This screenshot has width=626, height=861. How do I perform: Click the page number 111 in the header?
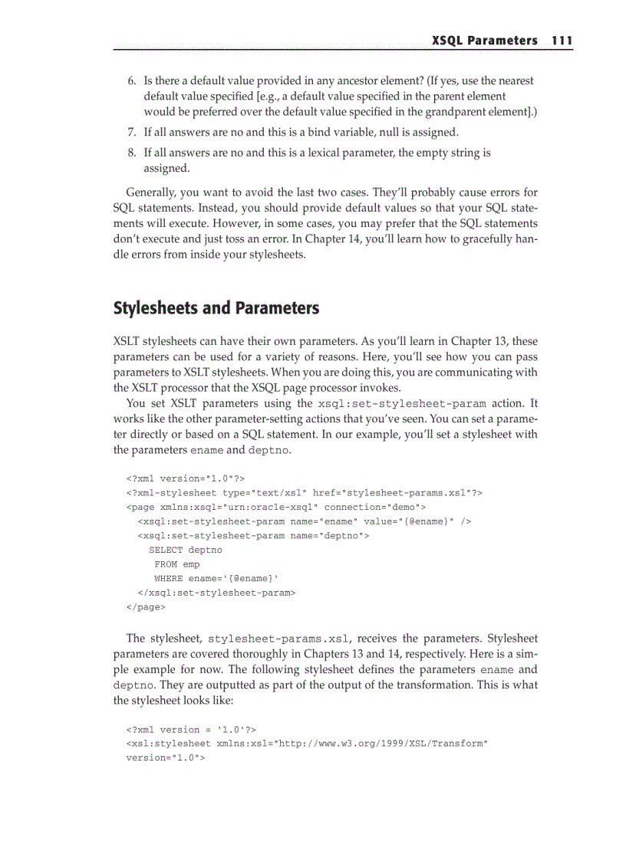(x=562, y=41)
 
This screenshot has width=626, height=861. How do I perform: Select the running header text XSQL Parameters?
(x=484, y=41)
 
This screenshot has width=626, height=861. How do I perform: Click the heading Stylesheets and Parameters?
(x=216, y=309)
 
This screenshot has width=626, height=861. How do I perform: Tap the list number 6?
(x=131, y=81)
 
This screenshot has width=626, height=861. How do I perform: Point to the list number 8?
(x=131, y=153)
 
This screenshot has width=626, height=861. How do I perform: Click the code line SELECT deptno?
(x=185, y=550)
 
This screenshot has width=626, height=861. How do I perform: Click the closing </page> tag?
(x=145, y=607)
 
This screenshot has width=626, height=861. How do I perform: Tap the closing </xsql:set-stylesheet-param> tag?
(x=216, y=593)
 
